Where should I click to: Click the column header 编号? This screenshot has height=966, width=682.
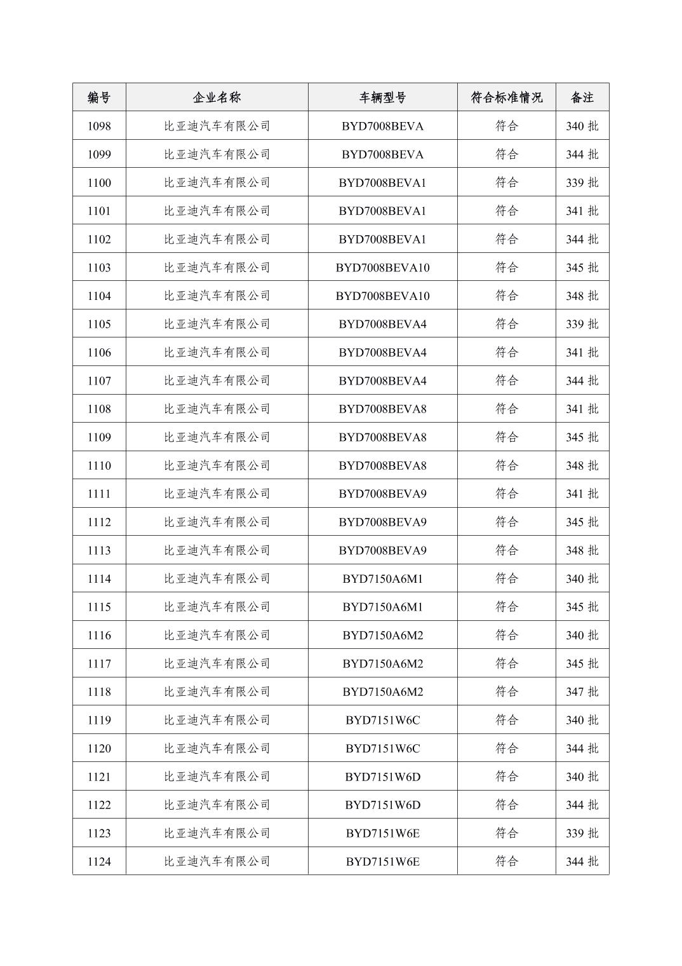99,97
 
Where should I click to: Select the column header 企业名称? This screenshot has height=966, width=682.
217,97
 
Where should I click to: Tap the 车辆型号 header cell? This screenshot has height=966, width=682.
382,97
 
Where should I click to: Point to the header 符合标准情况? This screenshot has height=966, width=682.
506,97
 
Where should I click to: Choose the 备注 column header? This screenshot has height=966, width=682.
582,97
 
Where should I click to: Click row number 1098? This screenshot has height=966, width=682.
99,126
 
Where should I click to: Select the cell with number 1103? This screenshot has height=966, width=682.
99,268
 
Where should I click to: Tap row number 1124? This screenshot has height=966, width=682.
99,861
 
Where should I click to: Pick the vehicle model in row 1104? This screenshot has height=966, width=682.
382,296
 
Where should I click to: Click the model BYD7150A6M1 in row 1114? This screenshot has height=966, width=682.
382,578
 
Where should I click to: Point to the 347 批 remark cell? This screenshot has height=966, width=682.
582,691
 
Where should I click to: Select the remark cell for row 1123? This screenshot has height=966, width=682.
582,833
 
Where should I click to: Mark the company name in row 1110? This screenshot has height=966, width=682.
217,465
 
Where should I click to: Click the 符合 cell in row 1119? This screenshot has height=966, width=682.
506,720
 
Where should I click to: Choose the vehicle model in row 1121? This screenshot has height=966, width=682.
382,777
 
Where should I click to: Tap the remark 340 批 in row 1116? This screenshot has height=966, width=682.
582,635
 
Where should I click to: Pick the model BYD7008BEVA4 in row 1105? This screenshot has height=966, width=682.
382,324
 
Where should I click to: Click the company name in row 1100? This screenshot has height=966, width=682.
217,182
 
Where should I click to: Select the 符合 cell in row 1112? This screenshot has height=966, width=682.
506,522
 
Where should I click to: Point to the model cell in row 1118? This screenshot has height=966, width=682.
382,691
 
